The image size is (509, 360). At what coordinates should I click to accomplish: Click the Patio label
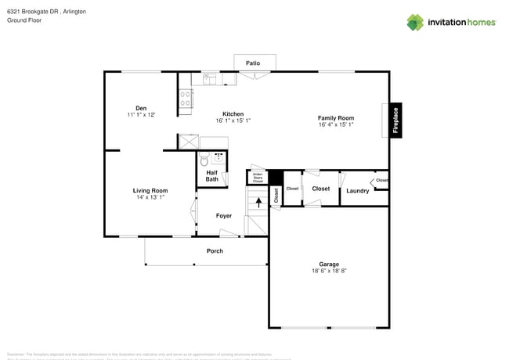point(253,63)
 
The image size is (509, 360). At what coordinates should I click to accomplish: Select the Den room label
point(141,108)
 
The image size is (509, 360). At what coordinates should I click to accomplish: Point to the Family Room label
point(336,117)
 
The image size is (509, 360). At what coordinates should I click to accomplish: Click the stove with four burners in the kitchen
point(186,98)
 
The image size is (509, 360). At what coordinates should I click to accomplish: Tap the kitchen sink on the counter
point(210,78)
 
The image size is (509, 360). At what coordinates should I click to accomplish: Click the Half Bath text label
point(212,176)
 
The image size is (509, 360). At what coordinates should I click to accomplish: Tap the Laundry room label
point(358,190)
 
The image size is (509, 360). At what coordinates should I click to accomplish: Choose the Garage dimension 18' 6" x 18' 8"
point(328,271)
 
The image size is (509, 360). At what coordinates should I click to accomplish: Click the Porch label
point(215,250)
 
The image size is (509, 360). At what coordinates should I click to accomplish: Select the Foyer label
point(224,215)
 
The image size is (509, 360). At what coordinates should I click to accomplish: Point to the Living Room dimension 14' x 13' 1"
point(150,197)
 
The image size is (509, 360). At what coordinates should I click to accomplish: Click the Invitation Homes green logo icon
point(415,22)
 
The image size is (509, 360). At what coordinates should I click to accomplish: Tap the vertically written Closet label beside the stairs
point(276,195)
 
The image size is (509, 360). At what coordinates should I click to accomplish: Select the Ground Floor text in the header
point(23,20)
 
